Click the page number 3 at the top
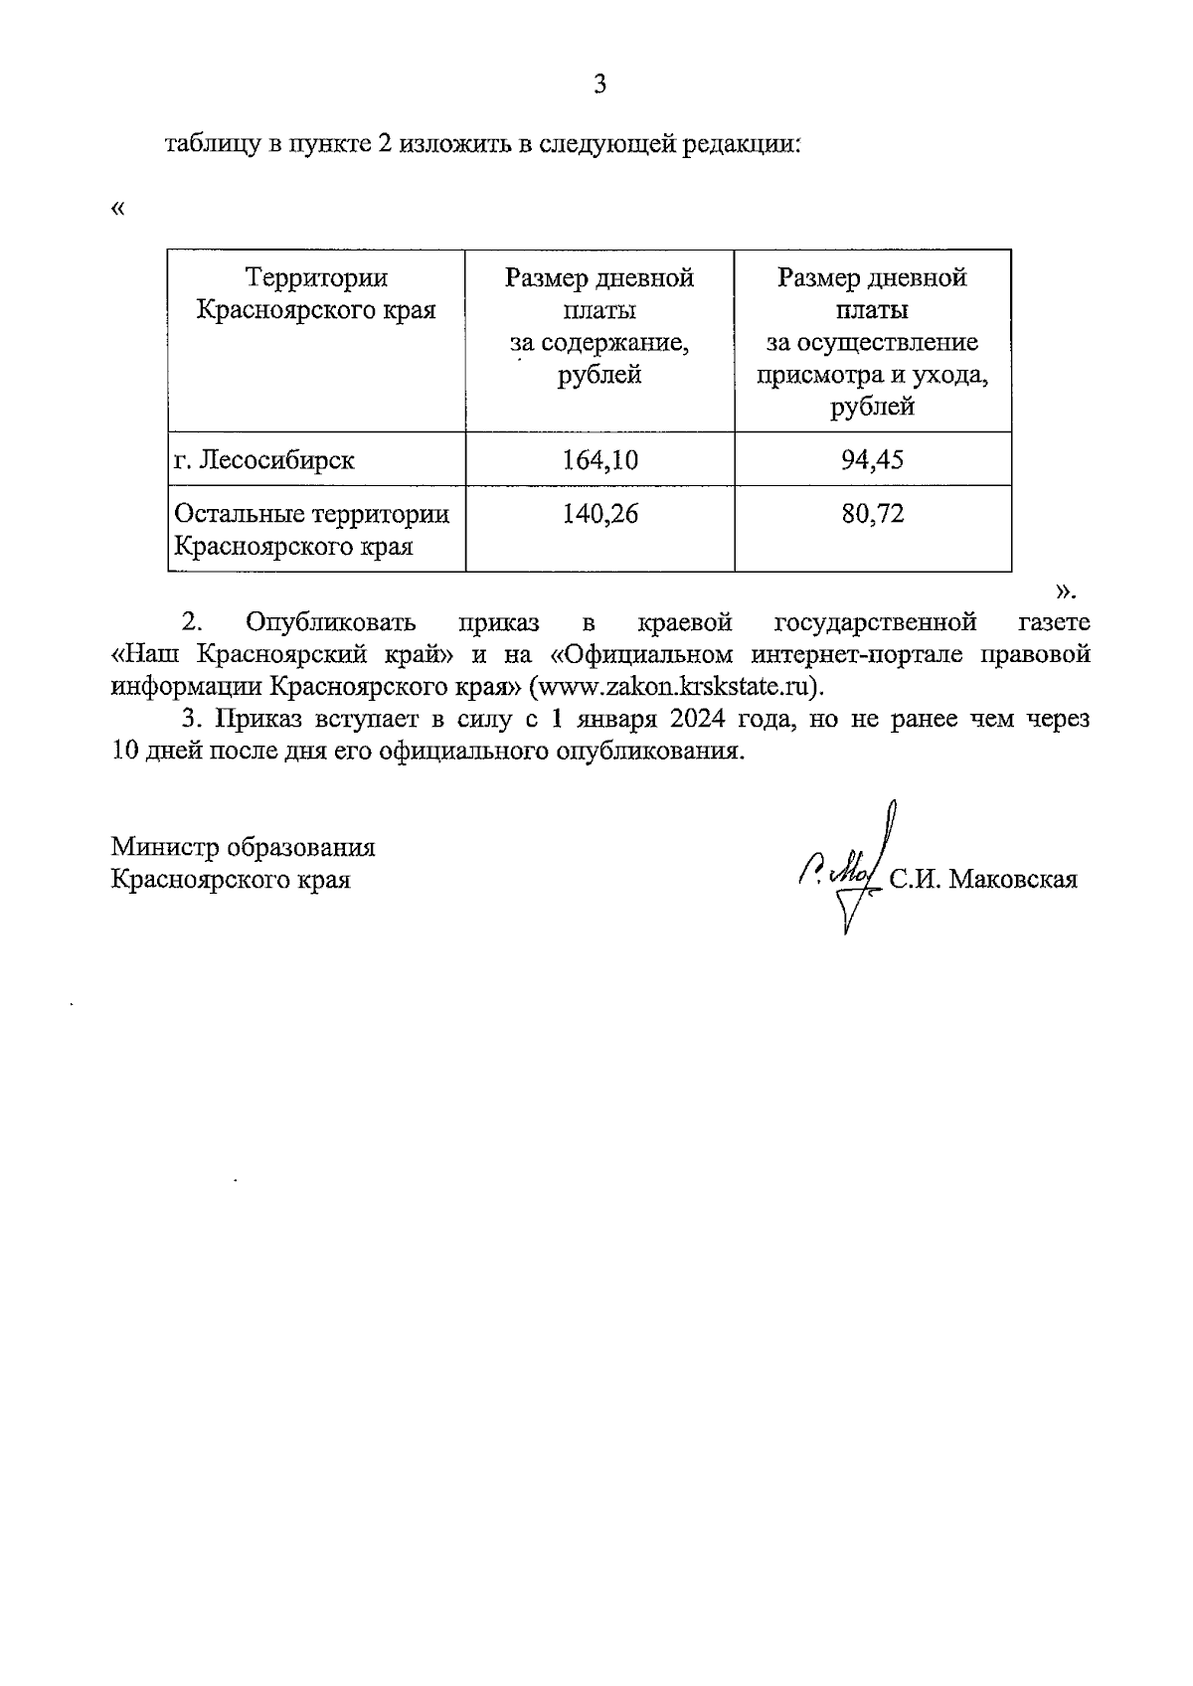click(599, 85)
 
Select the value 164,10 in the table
click(599, 459)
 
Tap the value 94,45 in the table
click(872, 459)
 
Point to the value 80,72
click(872, 514)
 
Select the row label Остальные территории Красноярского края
click(312, 530)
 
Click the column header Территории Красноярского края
click(316, 294)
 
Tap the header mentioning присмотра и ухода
click(872, 375)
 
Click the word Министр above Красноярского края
click(165, 847)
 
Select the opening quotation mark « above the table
click(119, 209)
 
